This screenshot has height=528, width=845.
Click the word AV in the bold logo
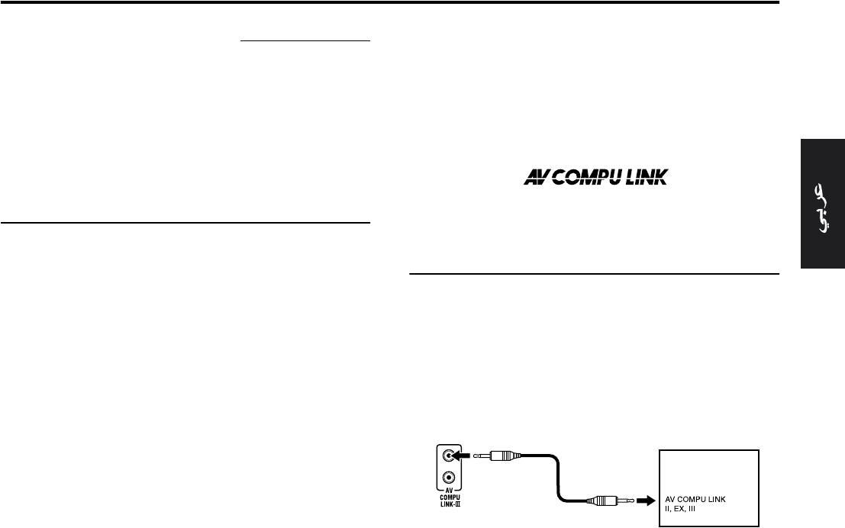click(537, 178)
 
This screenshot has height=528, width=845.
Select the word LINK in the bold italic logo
click(646, 178)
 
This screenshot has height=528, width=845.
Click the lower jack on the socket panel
click(450, 480)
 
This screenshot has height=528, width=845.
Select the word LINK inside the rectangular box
click(725, 498)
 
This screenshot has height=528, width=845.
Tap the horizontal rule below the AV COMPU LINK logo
click(594, 272)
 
